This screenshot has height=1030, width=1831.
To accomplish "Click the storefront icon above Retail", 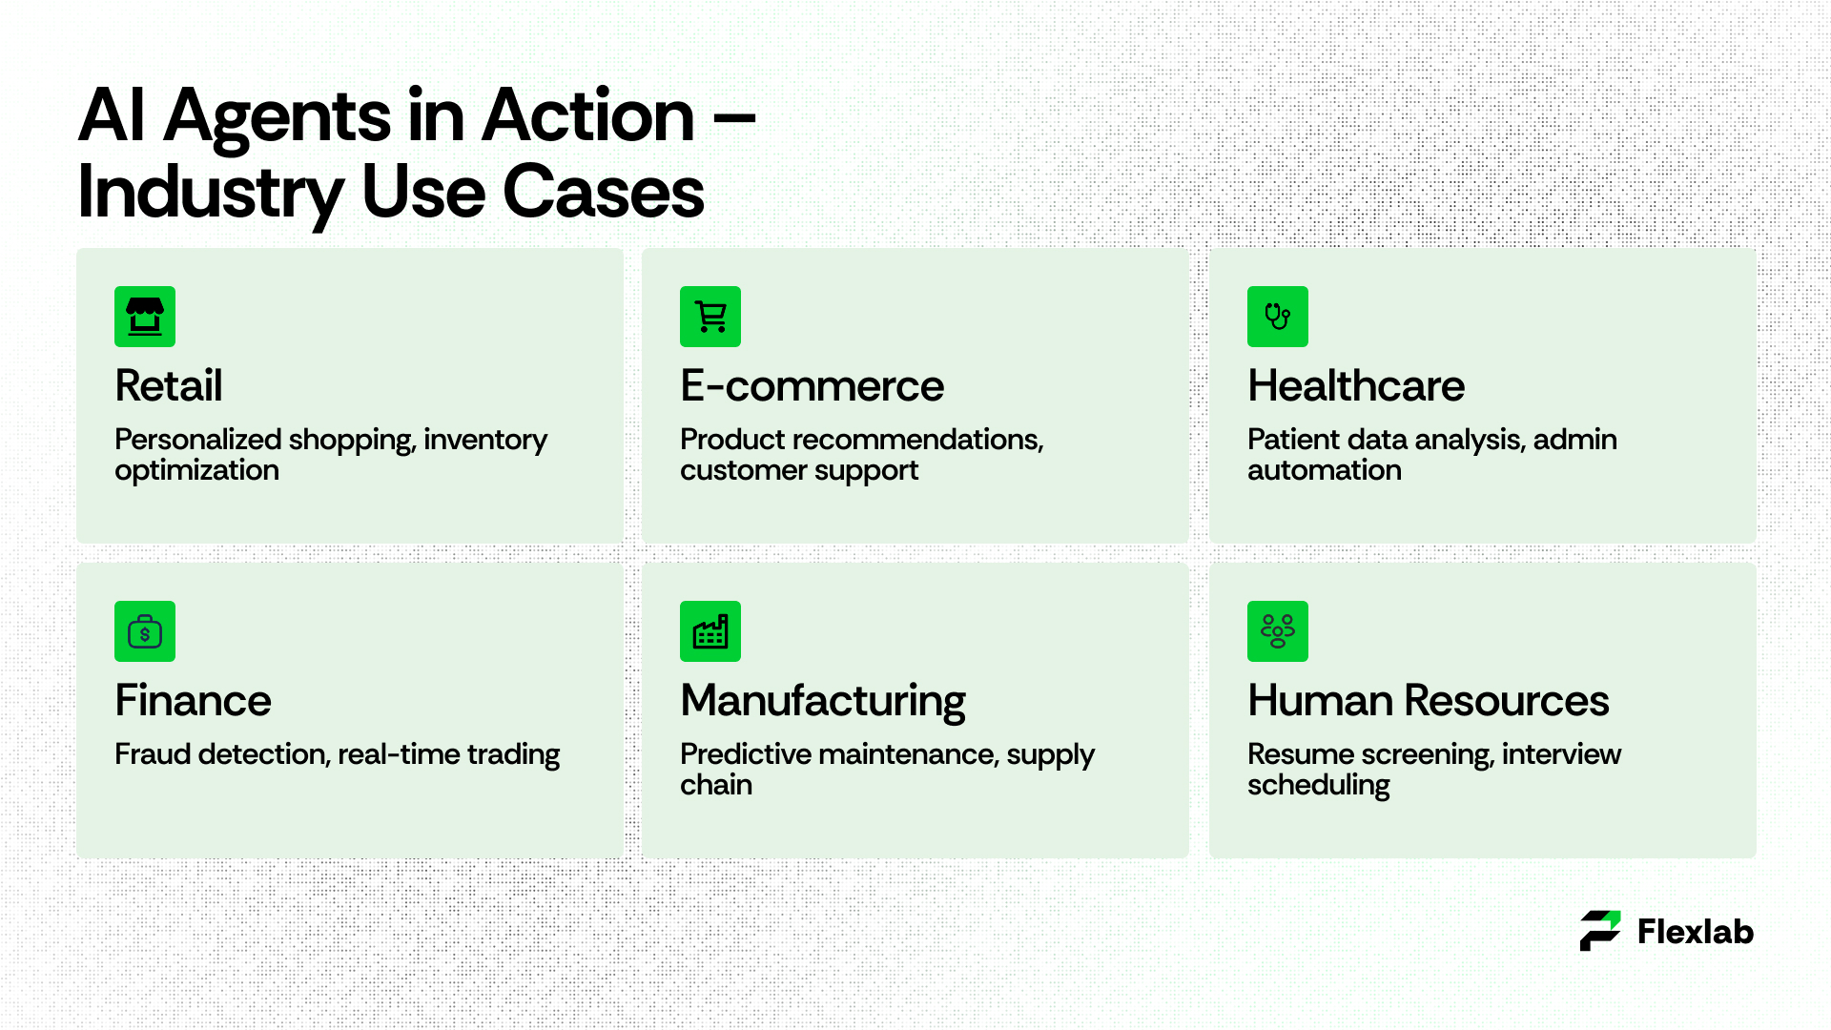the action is pyautogui.click(x=145, y=317).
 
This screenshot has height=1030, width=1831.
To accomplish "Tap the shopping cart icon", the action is pyautogui.click(x=710, y=317).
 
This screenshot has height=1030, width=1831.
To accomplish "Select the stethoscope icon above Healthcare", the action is pyautogui.click(x=1278, y=317).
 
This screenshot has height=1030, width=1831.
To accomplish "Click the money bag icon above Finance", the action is pyautogui.click(x=145, y=631).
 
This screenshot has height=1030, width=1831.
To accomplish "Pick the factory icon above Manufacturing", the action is pyautogui.click(x=710, y=631).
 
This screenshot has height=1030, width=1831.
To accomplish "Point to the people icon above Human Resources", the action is pyautogui.click(x=1278, y=631).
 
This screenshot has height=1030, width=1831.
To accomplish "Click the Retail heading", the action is pyautogui.click(x=169, y=386).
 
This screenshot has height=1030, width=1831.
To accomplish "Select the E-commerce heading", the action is pyautogui.click(x=813, y=386).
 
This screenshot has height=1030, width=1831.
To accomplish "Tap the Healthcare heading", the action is pyautogui.click(x=1356, y=386).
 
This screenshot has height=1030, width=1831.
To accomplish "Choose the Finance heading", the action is pyautogui.click(x=194, y=701).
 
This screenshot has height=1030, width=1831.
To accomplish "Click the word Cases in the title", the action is pyautogui.click(x=604, y=192).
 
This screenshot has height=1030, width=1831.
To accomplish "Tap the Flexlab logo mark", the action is pyautogui.click(x=1600, y=931).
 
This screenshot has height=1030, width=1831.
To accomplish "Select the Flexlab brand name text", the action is pyautogui.click(x=1696, y=932).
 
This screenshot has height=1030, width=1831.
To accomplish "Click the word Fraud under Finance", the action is pyautogui.click(x=154, y=754).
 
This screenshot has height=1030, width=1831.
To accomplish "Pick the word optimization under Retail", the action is pyautogui.click(x=197, y=471).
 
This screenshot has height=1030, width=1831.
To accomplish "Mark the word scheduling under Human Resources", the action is pyautogui.click(x=1319, y=786).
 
